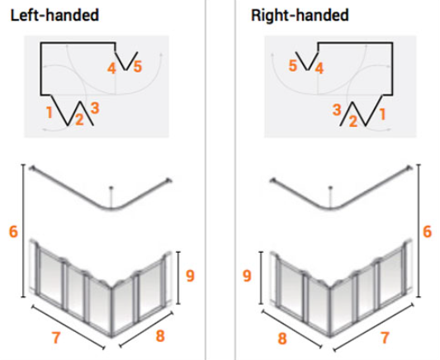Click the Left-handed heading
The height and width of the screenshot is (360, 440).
54,15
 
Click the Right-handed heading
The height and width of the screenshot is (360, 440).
300,15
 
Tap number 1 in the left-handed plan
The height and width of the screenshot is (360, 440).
50,112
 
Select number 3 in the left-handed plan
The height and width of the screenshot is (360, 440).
95,108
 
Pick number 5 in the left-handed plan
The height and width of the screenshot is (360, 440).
138,67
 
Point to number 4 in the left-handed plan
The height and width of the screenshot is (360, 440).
111,69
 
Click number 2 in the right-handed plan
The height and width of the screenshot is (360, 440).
353,121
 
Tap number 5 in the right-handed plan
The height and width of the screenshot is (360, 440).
293,66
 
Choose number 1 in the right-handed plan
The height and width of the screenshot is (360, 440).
382,115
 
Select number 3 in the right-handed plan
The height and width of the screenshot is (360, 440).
337,110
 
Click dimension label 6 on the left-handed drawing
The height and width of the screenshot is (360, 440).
13,232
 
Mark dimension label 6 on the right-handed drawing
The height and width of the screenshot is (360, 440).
427,232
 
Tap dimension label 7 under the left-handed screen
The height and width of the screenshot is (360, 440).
56,338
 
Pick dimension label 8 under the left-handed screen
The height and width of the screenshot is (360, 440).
160,336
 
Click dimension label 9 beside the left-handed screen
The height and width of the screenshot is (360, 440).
190,276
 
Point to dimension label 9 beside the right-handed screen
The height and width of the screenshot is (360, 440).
247,276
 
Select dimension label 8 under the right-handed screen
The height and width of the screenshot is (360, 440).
282,339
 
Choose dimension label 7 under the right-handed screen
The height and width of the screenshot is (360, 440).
385,338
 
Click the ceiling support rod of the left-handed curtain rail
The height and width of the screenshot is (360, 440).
111,197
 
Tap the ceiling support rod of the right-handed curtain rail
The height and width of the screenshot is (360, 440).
330,197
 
